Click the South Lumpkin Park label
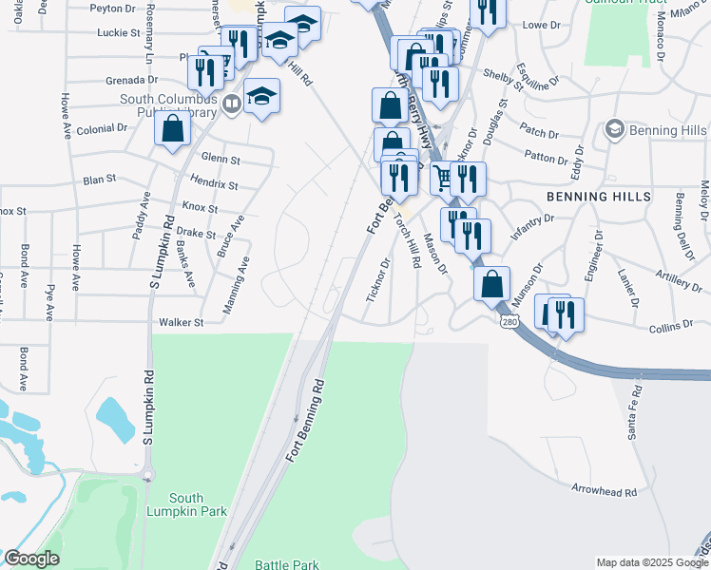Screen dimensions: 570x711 [x=199, y=504]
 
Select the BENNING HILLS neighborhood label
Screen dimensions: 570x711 [x=599, y=196]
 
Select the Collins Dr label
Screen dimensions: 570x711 [x=671, y=326]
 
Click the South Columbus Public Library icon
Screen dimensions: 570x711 [x=232, y=103]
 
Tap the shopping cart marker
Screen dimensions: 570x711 [x=443, y=177]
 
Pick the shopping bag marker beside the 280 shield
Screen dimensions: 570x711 [x=491, y=283]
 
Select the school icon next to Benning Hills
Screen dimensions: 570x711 [x=614, y=129]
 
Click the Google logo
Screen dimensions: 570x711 [x=32, y=559]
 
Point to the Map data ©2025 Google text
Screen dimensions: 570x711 [x=651, y=562]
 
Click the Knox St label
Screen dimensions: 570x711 [x=200, y=207]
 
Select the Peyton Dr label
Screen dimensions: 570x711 [x=113, y=8]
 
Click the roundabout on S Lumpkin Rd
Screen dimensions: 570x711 [x=147, y=474]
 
